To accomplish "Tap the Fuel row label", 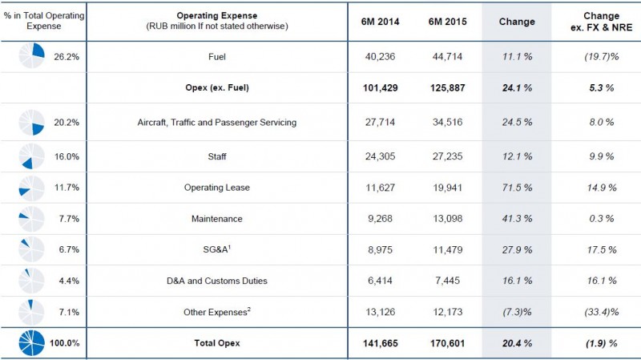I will [216, 58].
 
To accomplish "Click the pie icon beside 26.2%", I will [32, 58].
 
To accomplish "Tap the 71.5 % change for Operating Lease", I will [516, 188].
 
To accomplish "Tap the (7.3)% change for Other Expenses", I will [516, 311].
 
